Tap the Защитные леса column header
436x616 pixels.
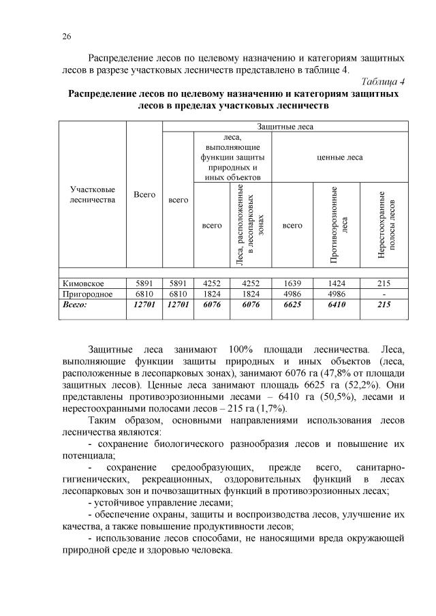click(285, 127)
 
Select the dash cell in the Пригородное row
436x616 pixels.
click(384, 294)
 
